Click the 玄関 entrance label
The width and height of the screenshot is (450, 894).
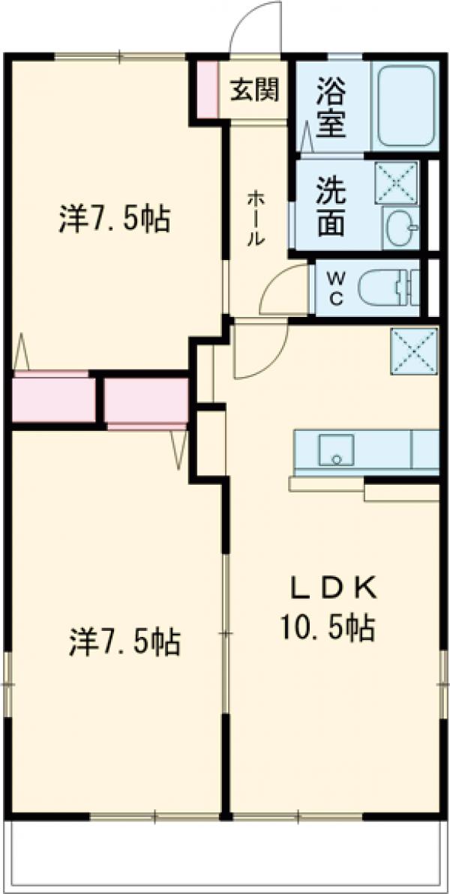pos(254,89)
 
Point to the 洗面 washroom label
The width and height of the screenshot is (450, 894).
pos(330,206)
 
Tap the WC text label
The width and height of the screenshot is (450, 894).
pos(335,288)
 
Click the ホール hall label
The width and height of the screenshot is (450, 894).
pos(254,217)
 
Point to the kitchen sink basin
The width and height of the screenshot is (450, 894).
pos(335,450)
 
